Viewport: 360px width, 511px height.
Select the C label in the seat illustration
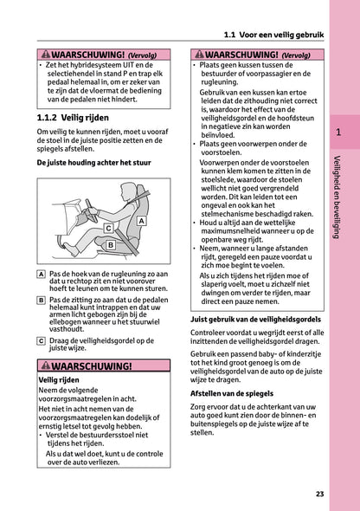click(107, 227)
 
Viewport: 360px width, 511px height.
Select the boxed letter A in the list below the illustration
click(42, 273)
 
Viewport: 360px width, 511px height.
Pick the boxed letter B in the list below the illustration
click(42, 299)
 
